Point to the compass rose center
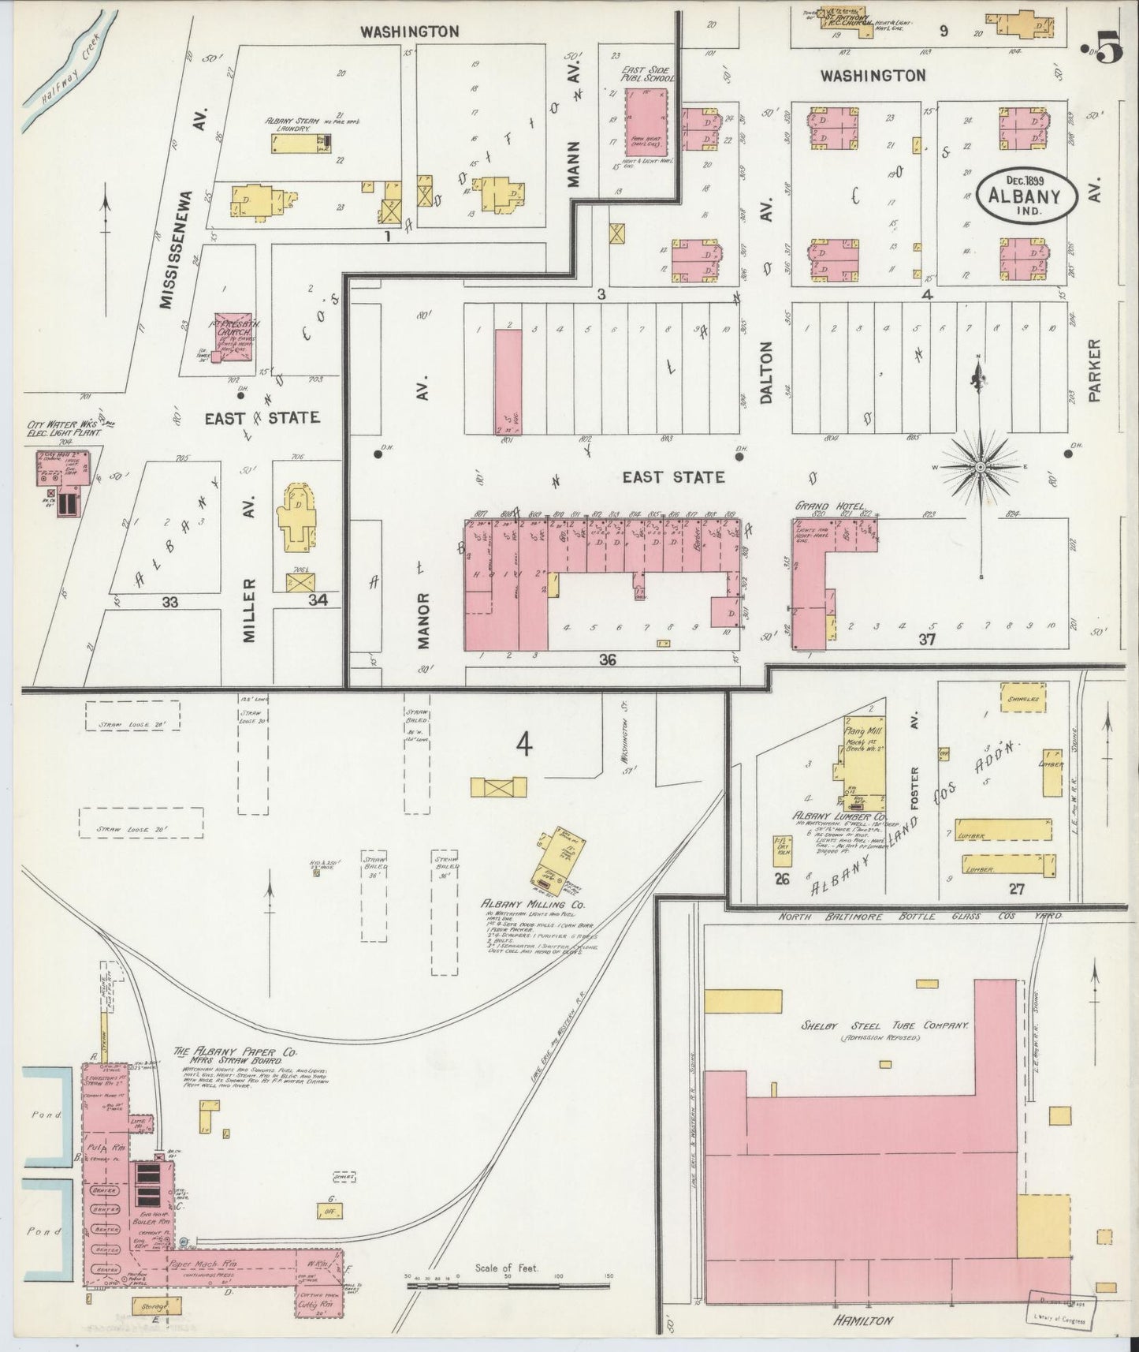[x=980, y=467]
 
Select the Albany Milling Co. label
[x=532, y=905]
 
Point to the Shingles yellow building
[x=1022, y=698]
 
